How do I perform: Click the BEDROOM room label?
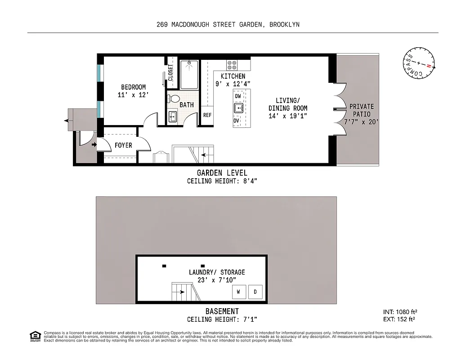133,87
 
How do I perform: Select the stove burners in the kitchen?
232,65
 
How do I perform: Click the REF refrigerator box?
207,115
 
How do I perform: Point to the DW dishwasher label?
238,96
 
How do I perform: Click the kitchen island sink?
238,108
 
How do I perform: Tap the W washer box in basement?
238,292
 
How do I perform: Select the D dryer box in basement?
255,292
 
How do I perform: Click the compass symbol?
419,63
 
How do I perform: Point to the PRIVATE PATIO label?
362,110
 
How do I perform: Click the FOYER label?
123,145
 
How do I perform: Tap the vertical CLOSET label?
170,72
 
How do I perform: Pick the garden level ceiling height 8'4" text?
222,181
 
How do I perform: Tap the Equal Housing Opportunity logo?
35,336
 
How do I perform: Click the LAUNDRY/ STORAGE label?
217,272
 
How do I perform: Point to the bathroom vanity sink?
173,117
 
